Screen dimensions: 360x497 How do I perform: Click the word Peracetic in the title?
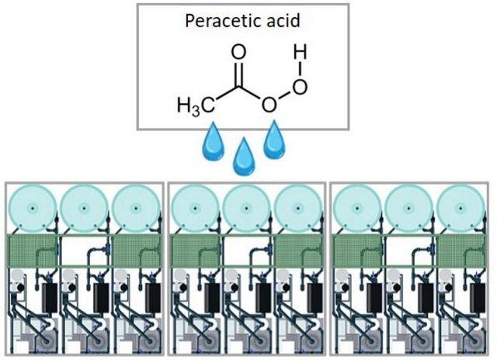point(213,21)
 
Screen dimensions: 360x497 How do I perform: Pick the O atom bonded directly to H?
point(300,85)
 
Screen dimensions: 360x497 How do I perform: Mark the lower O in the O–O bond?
point(269,104)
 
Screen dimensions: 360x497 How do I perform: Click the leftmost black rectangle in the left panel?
point(50,296)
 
